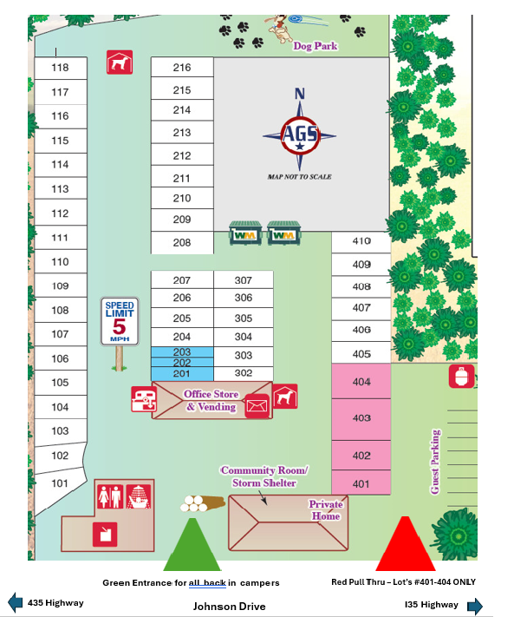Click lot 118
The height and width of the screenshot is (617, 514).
[61, 68]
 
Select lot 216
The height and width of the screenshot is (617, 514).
[182, 68]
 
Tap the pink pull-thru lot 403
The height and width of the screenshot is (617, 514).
[361, 418]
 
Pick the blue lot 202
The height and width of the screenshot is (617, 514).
[182, 363]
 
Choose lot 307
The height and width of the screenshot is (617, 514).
[244, 280]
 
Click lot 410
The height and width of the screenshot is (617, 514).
[361, 241]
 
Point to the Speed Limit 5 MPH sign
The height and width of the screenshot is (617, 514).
[120, 320]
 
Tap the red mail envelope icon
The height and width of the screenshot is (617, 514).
[258, 405]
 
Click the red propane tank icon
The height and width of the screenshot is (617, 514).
[461, 376]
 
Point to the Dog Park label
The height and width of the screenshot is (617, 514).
[315, 46]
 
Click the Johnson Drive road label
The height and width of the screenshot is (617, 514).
[229, 607]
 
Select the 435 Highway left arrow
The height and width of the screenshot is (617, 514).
[15, 602]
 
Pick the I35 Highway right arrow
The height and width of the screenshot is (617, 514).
[475, 605]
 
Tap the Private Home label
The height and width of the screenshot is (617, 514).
[326, 510]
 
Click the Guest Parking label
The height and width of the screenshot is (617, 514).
[436, 462]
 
